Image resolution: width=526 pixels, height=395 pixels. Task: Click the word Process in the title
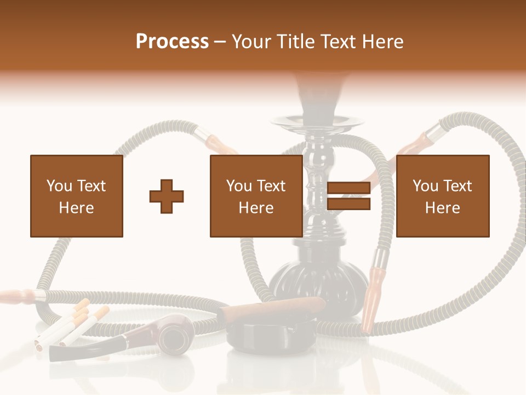[x=172, y=41]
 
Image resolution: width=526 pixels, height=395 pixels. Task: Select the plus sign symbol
[x=167, y=196]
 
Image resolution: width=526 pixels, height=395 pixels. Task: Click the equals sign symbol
[x=348, y=196]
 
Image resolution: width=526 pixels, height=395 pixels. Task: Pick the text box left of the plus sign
[x=77, y=196]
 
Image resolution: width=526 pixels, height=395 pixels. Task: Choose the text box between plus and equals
[x=256, y=196]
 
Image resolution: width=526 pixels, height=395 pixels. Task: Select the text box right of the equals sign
[x=442, y=196]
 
